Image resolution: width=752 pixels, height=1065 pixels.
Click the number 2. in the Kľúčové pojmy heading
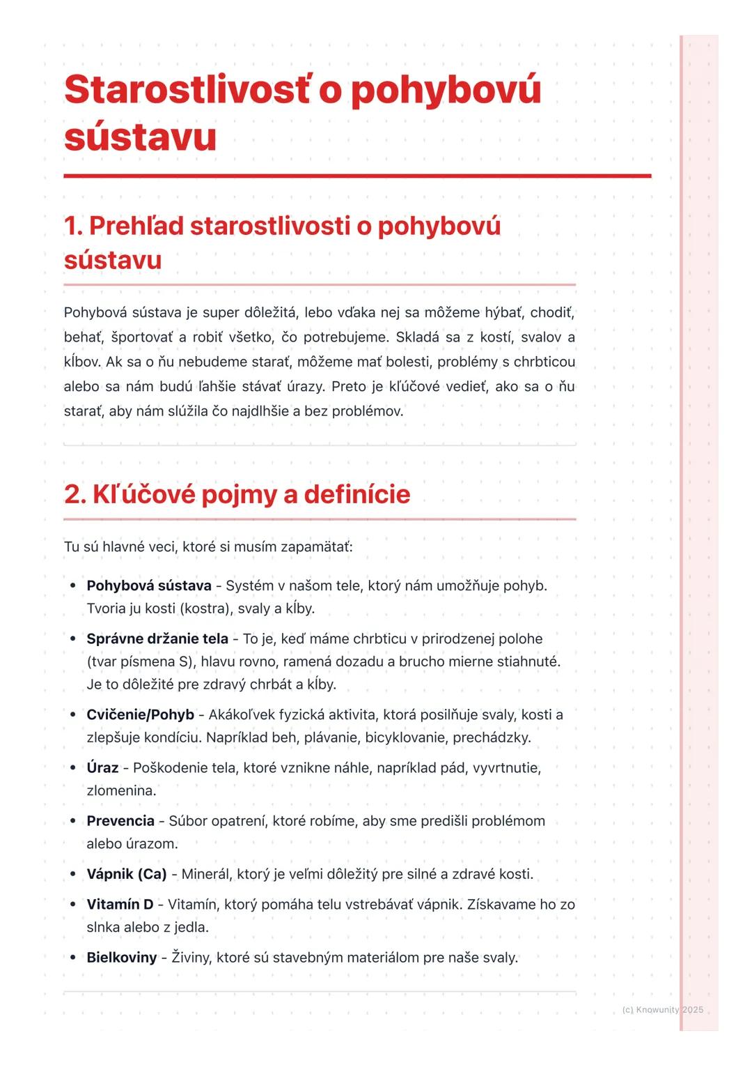click(x=75, y=494)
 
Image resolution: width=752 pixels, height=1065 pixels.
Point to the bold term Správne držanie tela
click(x=157, y=638)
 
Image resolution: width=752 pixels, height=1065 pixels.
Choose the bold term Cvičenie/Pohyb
click(x=140, y=714)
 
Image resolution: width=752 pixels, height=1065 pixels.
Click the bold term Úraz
click(x=102, y=767)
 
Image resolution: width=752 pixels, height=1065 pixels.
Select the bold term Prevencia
click(x=120, y=820)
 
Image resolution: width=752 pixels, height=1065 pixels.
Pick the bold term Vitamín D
click(x=120, y=904)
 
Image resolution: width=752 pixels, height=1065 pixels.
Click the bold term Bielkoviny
click(x=121, y=957)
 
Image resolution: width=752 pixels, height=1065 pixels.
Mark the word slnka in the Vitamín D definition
click(x=103, y=927)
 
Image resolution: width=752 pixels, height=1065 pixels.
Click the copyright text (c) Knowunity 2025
click(x=662, y=1009)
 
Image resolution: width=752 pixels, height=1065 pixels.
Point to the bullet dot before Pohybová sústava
click(x=72, y=585)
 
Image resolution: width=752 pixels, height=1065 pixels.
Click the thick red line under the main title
click(x=357, y=176)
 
